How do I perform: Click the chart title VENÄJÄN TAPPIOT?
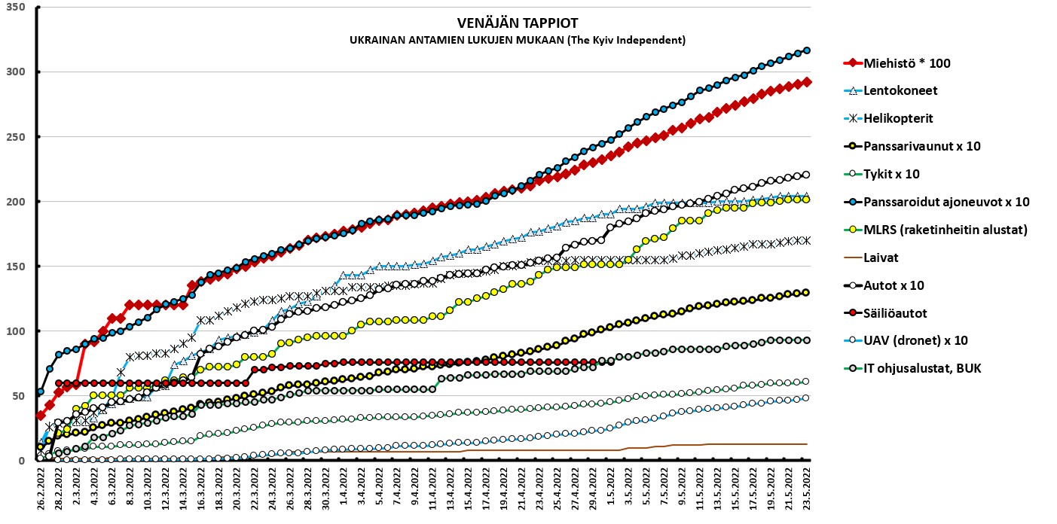(x=518, y=23)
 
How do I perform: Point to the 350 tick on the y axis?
(x=15, y=8)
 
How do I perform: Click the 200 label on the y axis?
(x=15, y=202)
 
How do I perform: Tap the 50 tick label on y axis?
(x=18, y=396)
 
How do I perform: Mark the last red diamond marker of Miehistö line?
(x=806, y=82)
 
